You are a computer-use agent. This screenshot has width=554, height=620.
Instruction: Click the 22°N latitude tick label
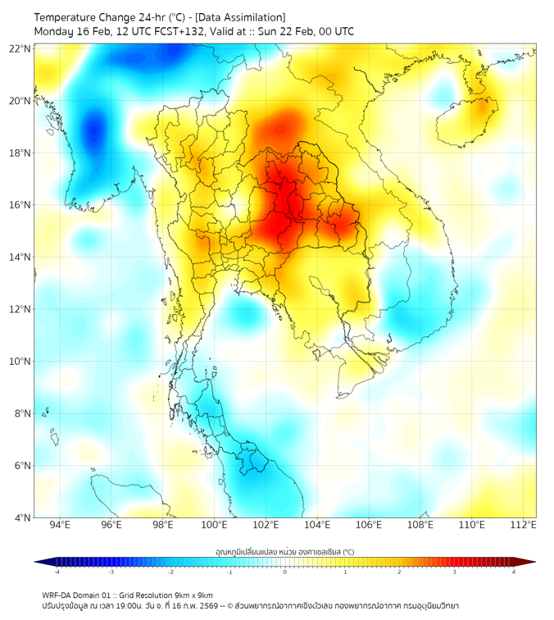20,48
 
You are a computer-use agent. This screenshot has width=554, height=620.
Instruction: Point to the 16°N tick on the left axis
20,205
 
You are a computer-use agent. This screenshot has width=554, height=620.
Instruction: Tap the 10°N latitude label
20,362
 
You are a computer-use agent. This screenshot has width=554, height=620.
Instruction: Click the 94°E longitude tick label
60,526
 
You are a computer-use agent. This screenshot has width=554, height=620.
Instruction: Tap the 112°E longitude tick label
523,526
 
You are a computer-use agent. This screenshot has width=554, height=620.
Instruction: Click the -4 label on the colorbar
57,572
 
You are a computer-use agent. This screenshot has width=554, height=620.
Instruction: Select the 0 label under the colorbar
285,572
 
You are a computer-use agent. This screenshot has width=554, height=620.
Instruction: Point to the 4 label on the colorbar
513,572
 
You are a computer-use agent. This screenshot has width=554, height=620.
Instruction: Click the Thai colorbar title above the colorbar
284,552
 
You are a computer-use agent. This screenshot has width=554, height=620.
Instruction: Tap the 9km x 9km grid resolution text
192,595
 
